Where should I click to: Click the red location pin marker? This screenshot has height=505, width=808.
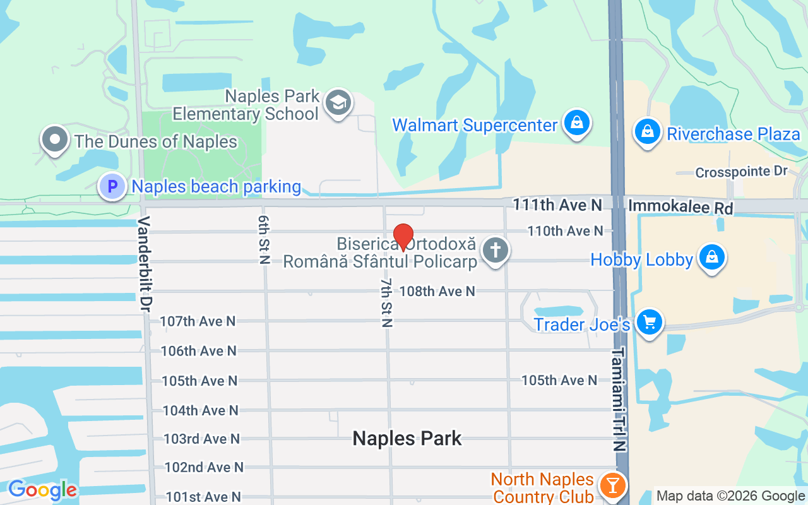click(x=403, y=237)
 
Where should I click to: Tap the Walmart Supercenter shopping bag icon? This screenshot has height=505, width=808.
click(x=577, y=123)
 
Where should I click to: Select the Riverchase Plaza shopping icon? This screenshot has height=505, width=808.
click(x=647, y=133)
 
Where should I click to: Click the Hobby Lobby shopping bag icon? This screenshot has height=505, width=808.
click(x=711, y=258)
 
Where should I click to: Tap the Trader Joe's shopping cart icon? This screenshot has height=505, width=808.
click(x=649, y=323)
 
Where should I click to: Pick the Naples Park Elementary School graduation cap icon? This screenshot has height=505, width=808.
click(x=338, y=102)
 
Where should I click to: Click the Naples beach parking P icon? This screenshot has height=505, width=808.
click(x=112, y=187)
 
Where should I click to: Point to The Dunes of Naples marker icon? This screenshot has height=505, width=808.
click(x=55, y=140)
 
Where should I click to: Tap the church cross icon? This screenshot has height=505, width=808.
click(x=496, y=250)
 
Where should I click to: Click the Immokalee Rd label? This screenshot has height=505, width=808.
click(x=680, y=206)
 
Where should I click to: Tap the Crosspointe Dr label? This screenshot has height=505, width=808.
click(x=742, y=172)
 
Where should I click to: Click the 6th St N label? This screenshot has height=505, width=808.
click(x=263, y=239)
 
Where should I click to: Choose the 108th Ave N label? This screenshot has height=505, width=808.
click(x=437, y=291)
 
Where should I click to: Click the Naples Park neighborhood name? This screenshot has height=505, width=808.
click(x=407, y=438)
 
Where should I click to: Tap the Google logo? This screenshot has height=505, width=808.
click(x=42, y=489)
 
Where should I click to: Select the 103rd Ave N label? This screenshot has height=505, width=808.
click(x=202, y=438)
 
